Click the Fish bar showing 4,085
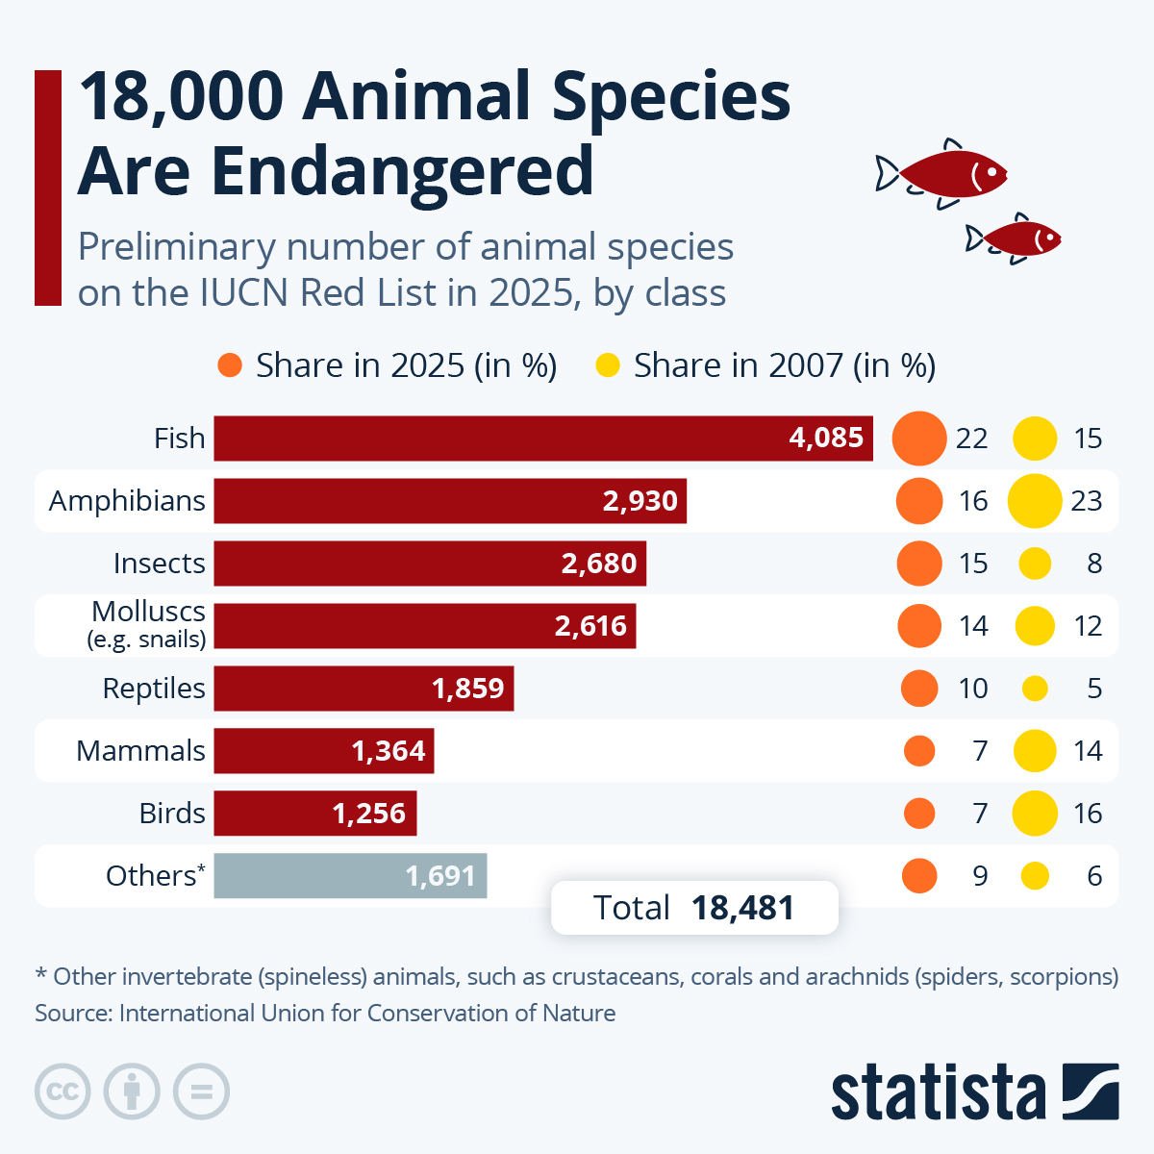coord(543,439)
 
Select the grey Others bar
coord(350,876)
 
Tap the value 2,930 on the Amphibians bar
coord(640,501)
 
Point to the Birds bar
coord(314,814)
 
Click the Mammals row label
coord(140,751)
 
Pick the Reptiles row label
coord(154,689)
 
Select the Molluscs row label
coord(148,624)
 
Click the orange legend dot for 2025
coord(230,365)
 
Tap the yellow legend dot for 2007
coord(608,365)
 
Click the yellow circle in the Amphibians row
coord(1035,501)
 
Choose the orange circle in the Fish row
coord(919,439)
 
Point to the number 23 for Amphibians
coord(1087,501)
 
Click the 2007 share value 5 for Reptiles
coord(1094,689)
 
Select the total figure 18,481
coord(742,908)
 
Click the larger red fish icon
coord(947,174)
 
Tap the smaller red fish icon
coord(1017,238)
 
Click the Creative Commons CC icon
coord(63,1091)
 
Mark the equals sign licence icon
coord(201,1091)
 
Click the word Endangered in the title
coord(402,171)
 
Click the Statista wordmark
coord(938,1093)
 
